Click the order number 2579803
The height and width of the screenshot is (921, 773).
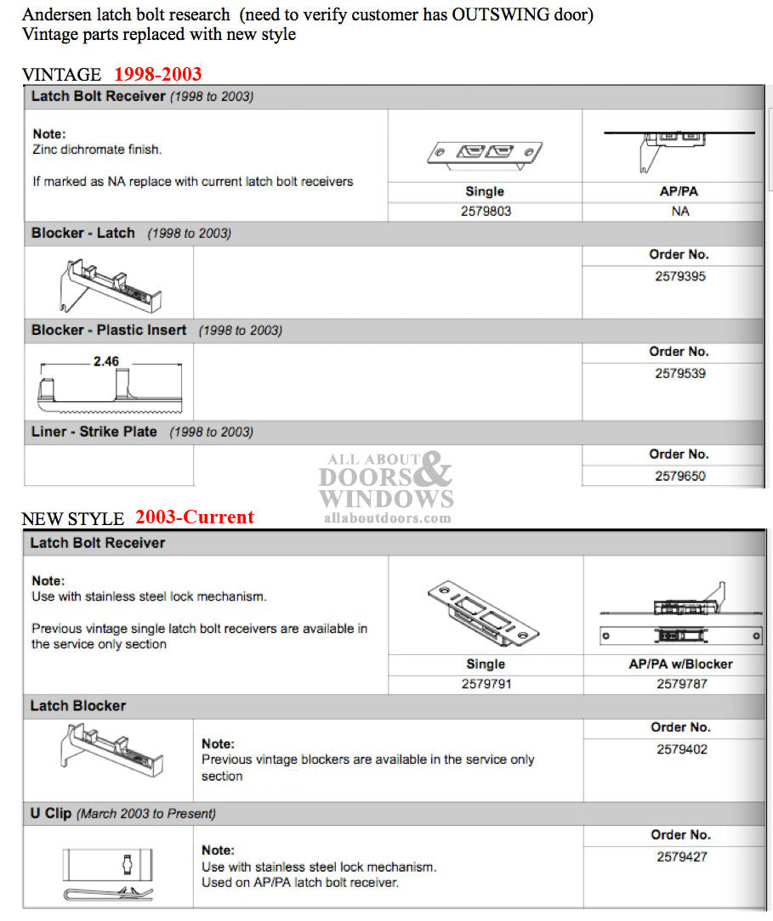click(485, 211)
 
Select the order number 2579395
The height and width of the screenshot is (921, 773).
click(679, 276)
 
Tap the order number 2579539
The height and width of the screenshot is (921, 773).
click(679, 373)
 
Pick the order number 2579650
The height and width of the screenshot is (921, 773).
click(679, 476)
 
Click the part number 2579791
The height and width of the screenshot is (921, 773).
click(486, 683)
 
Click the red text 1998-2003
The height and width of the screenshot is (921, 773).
click(157, 74)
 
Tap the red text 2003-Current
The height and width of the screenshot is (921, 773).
click(194, 517)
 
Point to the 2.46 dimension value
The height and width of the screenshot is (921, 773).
click(106, 361)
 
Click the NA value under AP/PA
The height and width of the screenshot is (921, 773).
click(679, 211)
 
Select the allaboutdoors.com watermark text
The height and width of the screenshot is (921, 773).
click(387, 517)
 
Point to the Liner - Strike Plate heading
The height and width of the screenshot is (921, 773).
click(94, 432)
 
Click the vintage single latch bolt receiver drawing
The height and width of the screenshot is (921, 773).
click(484, 152)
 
